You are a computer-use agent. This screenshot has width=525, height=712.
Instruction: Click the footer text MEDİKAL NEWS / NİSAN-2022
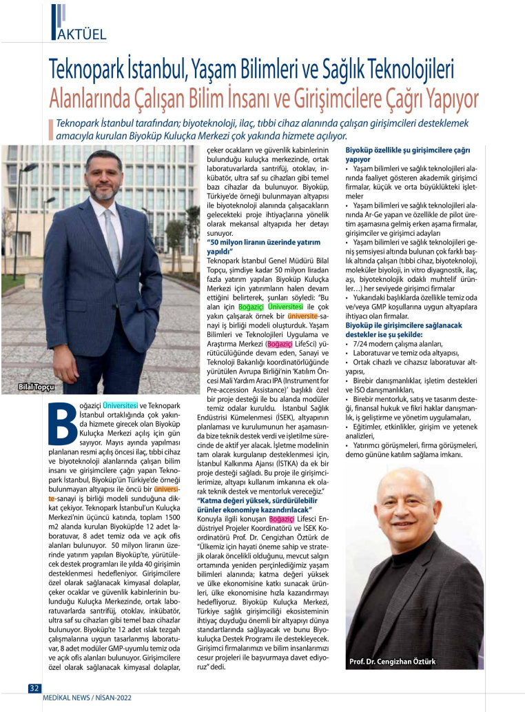pyautogui.click(x=87, y=698)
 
